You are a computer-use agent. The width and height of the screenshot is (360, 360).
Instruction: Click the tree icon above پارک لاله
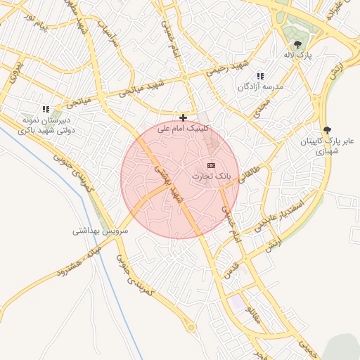point(297,44)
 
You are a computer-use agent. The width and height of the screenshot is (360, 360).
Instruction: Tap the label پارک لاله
point(298,54)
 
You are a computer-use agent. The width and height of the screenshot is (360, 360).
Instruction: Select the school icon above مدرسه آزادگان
point(260,76)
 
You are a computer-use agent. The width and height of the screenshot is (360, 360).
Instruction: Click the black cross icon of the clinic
point(184,117)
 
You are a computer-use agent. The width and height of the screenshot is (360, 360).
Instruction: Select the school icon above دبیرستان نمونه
point(46,110)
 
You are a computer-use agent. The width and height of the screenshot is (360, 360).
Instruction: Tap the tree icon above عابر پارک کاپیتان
point(327,130)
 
